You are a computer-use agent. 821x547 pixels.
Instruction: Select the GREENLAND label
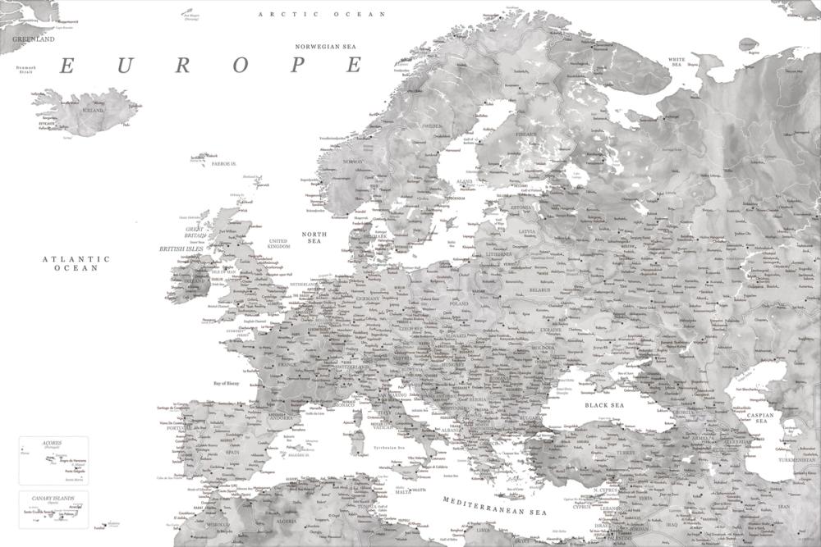click(33, 39)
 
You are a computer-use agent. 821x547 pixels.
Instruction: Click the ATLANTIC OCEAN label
click(76, 263)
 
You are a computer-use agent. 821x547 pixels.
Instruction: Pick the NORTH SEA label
click(314, 238)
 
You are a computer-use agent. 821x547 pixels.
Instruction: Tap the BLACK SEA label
click(603, 405)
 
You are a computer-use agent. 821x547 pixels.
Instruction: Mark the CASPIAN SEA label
click(762, 419)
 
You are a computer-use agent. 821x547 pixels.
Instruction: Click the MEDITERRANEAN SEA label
click(493, 506)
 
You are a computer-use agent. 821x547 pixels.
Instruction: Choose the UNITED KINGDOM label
click(279, 244)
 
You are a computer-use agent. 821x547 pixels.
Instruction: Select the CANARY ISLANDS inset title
click(53, 498)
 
